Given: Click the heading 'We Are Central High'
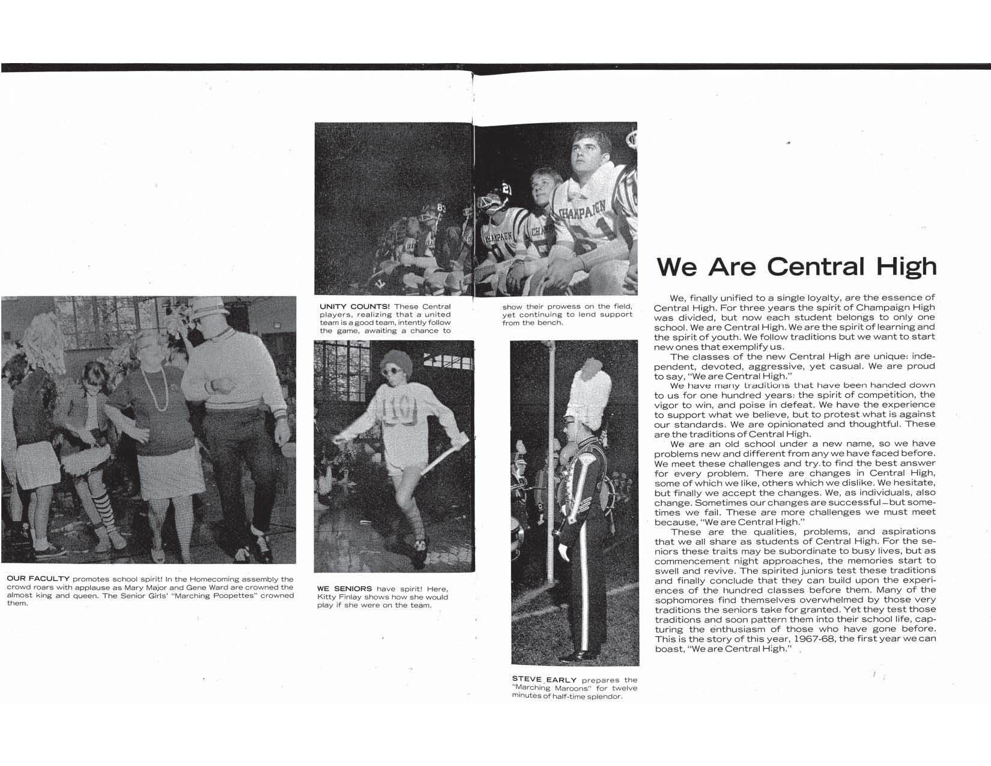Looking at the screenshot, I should click(x=796, y=266).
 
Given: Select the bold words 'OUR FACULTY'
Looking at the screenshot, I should click(x=38, y=579).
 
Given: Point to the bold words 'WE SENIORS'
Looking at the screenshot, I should click(x=344, y=588).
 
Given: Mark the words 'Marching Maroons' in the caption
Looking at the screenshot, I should click(x=552, y=688).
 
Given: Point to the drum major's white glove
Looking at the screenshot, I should click(x=564, y=552).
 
